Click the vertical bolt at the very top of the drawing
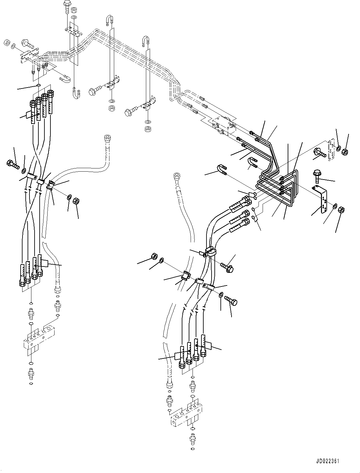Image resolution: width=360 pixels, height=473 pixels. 68,7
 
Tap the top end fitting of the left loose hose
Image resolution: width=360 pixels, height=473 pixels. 107,139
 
